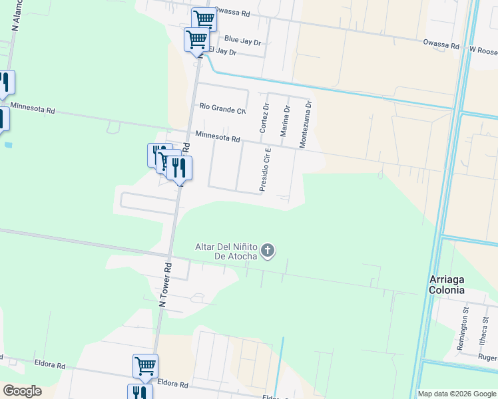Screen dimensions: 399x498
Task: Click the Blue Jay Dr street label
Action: point(242,41)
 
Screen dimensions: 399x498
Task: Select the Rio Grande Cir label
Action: point(223,106)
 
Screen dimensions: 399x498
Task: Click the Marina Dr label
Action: point(284,121)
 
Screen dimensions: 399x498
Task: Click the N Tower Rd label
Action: point(166,284)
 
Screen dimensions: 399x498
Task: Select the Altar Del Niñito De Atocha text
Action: point(226,251)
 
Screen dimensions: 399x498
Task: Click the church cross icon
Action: point(268,251)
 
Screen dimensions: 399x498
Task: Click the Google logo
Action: point(22,391)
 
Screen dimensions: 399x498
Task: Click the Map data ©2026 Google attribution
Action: point(457,394)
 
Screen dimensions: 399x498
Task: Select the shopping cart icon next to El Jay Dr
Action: point(196,39)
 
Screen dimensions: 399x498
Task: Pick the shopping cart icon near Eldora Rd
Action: point(145,365)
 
